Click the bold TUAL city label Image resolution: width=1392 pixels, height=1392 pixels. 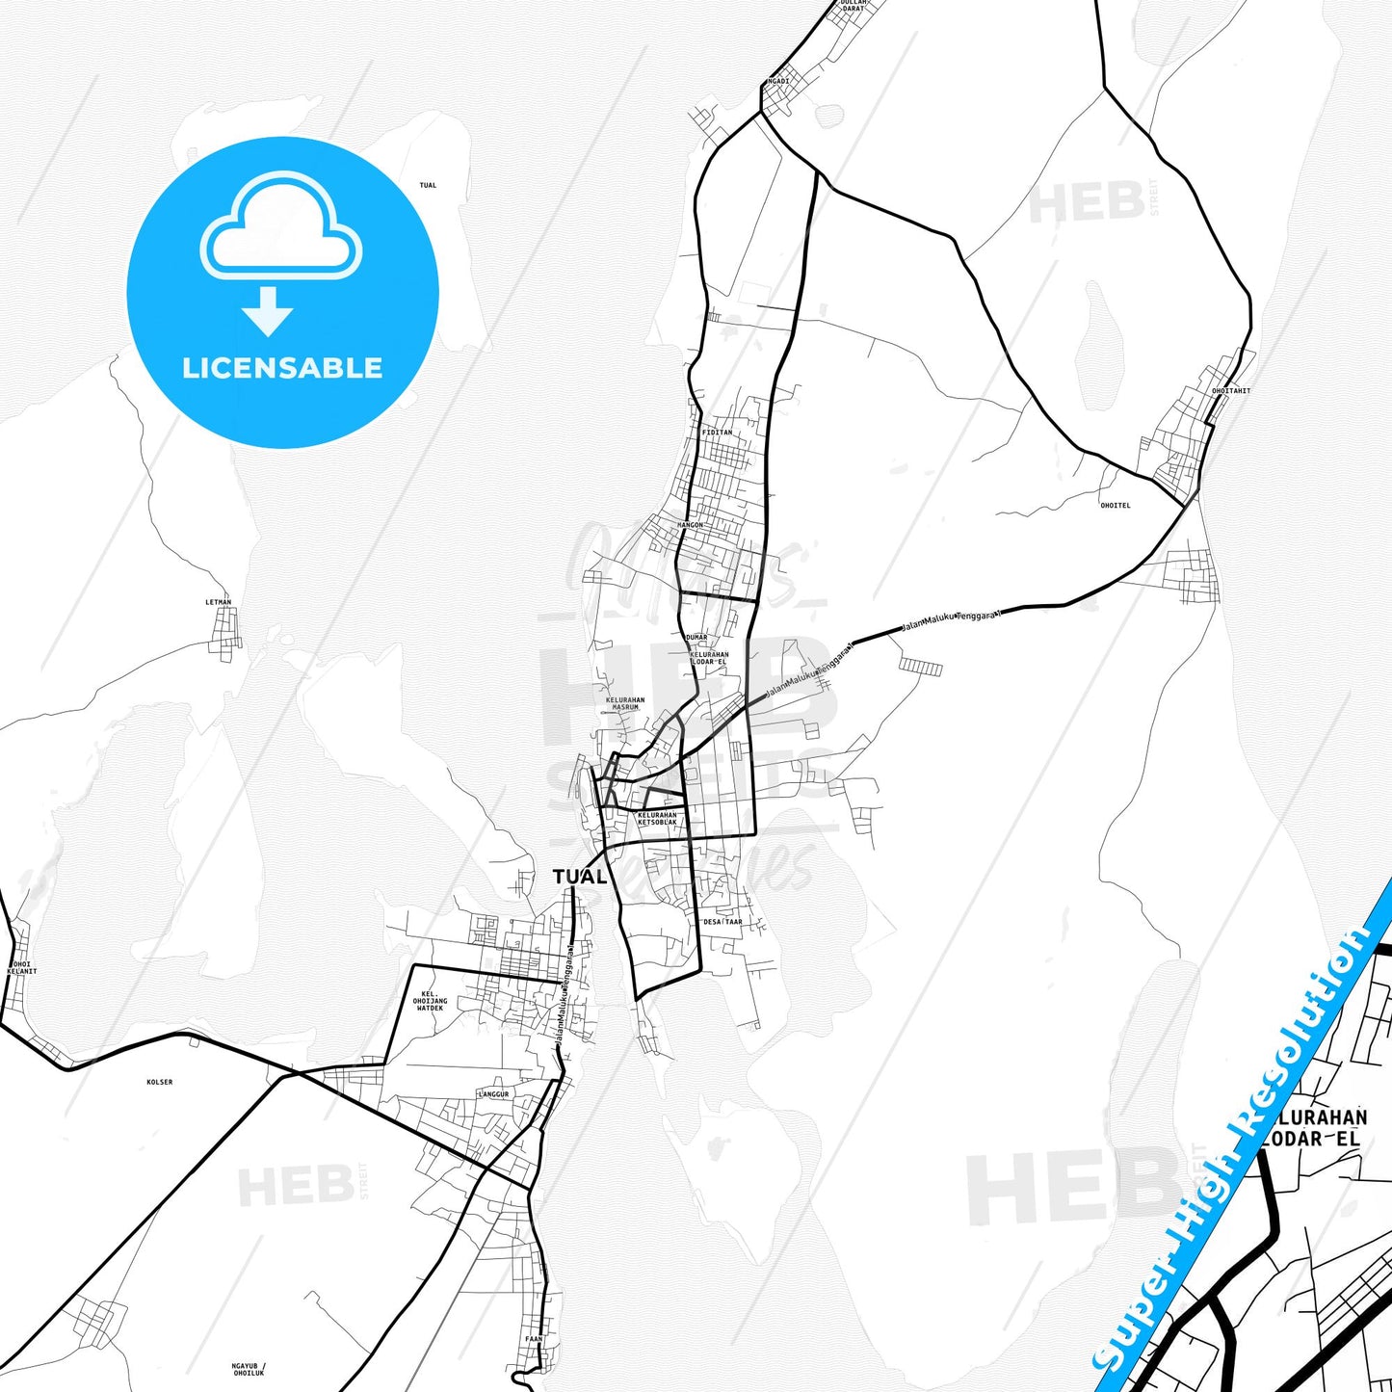[x=579, y=877]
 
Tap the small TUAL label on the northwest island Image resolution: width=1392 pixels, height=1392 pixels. [x=428, y=185]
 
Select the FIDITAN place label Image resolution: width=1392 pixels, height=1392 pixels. [x=717, y=433]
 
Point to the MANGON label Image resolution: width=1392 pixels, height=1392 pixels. [x=691, y=525]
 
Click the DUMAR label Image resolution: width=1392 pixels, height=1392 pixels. [x=696, y=637]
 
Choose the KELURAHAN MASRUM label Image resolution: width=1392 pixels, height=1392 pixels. [x=625, y=703]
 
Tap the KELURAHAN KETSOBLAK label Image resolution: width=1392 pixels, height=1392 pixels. [x=657, y=818]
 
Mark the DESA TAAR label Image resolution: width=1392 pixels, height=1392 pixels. [x=722, y=922]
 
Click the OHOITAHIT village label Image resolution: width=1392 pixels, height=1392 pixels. [x=1230, y=391]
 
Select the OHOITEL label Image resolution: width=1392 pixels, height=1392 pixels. [x=1115, y=505]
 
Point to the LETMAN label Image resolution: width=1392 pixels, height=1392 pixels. [x=219, y=602]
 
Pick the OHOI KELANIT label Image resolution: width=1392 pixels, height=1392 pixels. [x=21, y=967]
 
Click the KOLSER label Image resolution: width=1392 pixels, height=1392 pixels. [x=160, y=1082]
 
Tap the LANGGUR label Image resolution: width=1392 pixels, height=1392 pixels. [x=492, y=1095]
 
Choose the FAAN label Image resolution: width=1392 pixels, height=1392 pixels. [x=534, y=1339]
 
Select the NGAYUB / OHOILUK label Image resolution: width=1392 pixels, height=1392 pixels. [x=249, y=1369]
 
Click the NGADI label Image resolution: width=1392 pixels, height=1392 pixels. [x=777, y=81]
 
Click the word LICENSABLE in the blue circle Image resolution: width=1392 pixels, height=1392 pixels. [x=282, y=368]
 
